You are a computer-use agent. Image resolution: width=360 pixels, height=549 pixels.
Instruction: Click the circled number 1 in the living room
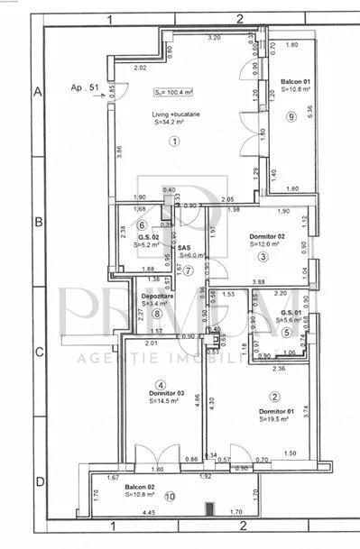pyautogui.click(x=174, y=141)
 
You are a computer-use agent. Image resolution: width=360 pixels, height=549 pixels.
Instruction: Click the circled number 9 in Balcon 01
pyautogui.click(x=291, y=115)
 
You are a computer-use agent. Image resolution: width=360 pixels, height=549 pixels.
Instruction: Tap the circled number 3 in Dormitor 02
pyautogui.click(x=263, y=257)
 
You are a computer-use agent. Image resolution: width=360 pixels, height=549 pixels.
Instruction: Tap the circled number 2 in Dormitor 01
pyautogui.click(x=274, y=396)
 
